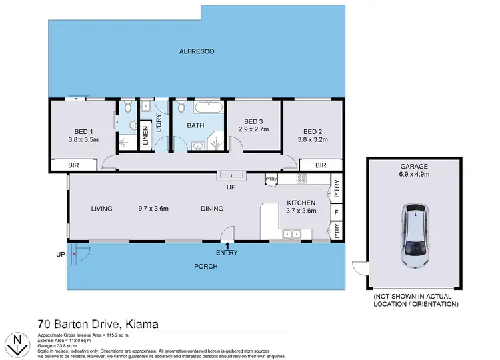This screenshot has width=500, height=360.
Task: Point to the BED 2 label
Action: pos(313,131)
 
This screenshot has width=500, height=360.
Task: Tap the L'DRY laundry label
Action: pos(159,125)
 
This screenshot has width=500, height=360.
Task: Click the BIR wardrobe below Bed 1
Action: pos(75,165)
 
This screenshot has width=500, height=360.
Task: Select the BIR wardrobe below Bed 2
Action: pos(321,165)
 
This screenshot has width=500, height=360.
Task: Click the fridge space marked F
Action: pos(337,213)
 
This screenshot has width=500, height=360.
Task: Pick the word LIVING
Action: pos(102,209)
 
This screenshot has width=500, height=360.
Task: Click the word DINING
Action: pos(212,209)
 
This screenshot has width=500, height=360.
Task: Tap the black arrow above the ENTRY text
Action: pos(227,246)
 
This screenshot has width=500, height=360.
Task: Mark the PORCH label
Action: pos(206,267)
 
